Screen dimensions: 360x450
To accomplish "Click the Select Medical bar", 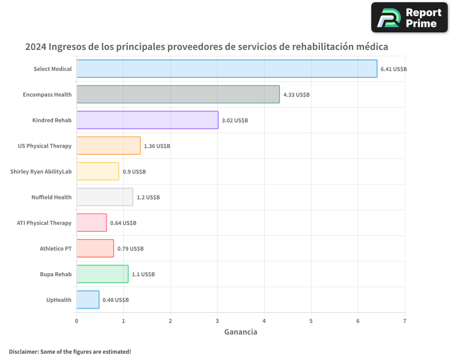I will tap(227, 69).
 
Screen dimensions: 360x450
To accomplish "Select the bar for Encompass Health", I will tap(178, 94).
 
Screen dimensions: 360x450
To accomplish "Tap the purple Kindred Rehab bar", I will tap(147, 120).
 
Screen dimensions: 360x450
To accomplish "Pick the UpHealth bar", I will tap(88, 300).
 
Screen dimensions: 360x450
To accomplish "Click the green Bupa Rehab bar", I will tap(102, 274).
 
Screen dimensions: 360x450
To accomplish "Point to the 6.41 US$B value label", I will tap(393, 69).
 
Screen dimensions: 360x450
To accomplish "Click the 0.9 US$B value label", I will tap(134, 172).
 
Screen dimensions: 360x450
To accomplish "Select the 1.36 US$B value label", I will tap(157, 146).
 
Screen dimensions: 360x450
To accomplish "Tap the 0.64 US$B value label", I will tap(123, 223).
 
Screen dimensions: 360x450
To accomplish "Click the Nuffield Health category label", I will tap(51, 197).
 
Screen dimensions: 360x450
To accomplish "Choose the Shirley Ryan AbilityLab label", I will tap(41, 171).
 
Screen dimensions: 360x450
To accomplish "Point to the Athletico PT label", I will tap(55, 248).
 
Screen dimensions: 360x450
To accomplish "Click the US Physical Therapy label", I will tap(45, 146).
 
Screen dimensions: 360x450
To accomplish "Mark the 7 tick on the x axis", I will tap(405, 321).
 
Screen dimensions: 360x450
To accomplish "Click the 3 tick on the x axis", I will tap(217, 321).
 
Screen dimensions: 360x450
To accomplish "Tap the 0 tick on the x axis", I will tap(76, 321).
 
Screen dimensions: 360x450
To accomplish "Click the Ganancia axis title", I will tap(241, 332).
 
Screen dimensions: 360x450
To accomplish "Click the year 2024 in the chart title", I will tap(35, 47).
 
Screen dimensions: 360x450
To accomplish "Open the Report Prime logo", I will tap(409, 18).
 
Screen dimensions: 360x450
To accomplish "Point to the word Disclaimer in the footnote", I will tap(23, 351).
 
